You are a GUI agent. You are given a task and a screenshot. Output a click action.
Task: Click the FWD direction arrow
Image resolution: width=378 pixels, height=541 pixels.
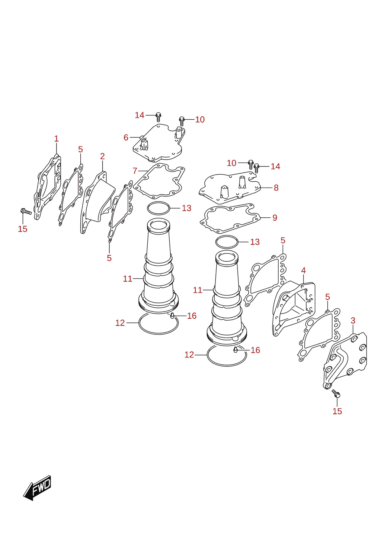pos(37,488)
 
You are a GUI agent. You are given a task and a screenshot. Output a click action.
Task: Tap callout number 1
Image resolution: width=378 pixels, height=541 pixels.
pos(56,139)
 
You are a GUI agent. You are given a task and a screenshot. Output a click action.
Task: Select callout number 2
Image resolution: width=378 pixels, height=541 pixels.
pos(102,156)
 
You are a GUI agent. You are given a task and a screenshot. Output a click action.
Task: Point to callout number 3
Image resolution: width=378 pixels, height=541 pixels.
pos(353,321)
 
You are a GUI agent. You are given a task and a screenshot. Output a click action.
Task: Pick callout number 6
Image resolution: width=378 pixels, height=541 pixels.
pos(126,137)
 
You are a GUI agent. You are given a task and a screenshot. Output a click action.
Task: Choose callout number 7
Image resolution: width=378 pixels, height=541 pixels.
pos(135,171)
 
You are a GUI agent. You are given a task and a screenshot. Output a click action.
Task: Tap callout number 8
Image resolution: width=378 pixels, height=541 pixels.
pos(276,188)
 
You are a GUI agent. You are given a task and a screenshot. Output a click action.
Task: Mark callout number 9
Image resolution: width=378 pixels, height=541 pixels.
pos(275,218)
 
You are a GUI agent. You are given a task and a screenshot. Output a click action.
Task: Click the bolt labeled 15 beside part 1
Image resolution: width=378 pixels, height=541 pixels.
pos(26,211)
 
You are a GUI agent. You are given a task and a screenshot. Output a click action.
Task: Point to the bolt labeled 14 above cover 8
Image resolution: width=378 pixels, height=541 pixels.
pos(257,168)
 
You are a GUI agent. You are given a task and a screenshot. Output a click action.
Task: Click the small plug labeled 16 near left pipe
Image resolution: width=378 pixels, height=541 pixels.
pos(172,315)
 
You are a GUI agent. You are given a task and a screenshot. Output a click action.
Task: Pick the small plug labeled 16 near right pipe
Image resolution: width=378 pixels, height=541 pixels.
pos(235,350)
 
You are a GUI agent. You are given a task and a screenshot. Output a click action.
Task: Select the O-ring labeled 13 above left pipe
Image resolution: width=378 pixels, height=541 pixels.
pos(158,208)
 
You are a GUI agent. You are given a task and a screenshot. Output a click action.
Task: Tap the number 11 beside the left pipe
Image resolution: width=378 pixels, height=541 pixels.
pos(128,279)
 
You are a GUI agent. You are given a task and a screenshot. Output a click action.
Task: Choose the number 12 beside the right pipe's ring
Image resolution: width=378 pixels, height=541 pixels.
pos(189,355)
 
